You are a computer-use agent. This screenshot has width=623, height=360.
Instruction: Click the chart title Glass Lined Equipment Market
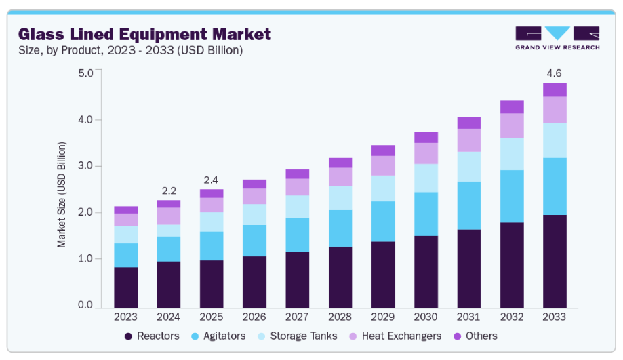coord(144,34)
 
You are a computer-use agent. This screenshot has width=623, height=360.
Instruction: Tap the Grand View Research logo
coord(557,38)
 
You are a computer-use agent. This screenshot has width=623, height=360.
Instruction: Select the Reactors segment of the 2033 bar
coord(554,260)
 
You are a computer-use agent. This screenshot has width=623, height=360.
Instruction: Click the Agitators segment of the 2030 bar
coord(426,214)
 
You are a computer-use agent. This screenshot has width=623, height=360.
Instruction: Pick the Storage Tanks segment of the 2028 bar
coord(340,198)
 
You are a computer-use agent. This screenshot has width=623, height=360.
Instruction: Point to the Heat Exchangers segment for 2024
coord(168,216)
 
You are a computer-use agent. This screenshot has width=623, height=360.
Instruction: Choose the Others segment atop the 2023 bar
coord(125,210)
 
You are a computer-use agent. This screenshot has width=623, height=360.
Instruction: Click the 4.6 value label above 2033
coord(554,73)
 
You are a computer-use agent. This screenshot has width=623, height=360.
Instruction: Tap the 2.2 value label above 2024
coord(168,191)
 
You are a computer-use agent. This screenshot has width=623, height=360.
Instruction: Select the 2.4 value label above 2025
coord(211,180)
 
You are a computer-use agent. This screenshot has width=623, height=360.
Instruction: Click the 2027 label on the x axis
coord(297,317)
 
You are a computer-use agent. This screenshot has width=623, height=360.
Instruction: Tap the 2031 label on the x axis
coord(468,317)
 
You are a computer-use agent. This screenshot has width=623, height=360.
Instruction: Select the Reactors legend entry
coord(153,336)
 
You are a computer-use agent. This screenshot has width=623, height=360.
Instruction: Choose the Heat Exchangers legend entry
coord(394,336)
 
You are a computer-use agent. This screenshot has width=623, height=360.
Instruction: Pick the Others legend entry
coord(474,336)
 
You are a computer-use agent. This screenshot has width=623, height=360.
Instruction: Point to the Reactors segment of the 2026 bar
coord(254,281)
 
